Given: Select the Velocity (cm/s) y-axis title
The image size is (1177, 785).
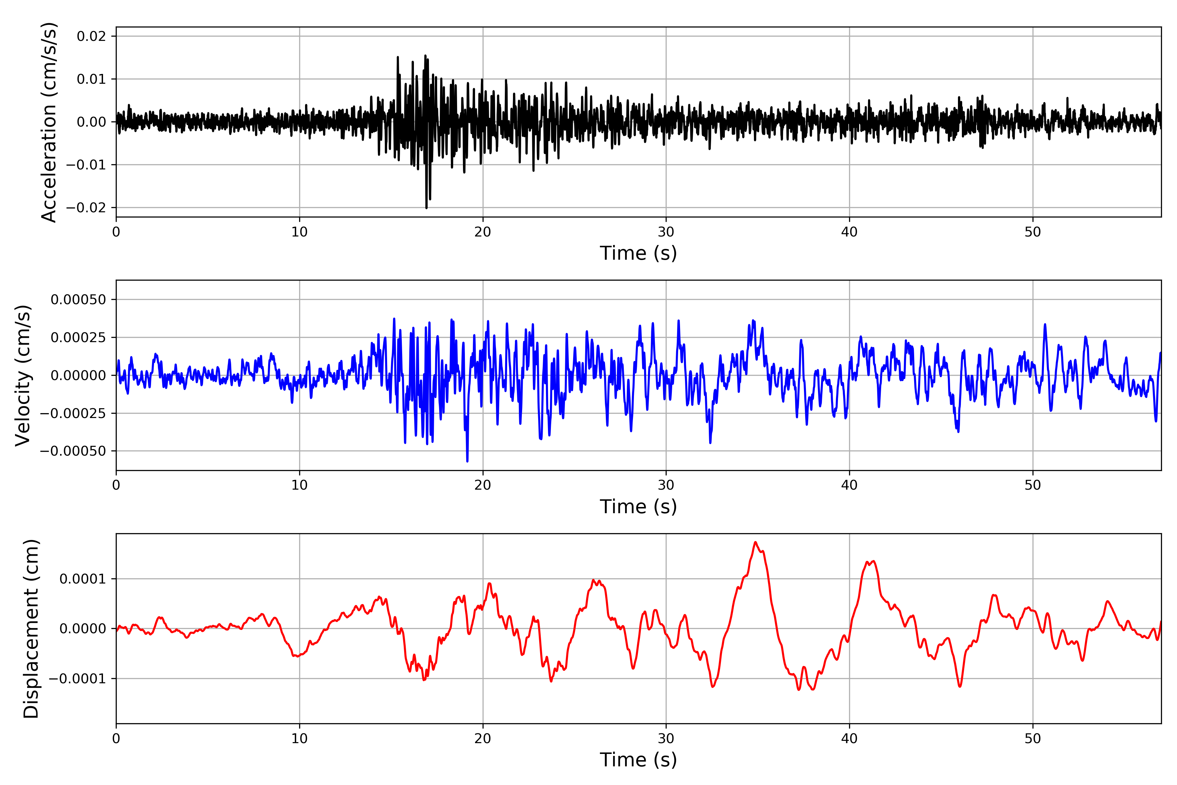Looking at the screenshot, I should click(23, 375).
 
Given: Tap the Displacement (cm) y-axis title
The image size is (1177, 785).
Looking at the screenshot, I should click(31, 628).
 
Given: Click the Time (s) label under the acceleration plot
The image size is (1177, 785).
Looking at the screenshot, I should click(638, 253).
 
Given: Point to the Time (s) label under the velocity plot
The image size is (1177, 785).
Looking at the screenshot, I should click(638, 507).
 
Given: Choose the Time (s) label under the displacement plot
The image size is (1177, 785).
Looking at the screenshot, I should click(638, 760).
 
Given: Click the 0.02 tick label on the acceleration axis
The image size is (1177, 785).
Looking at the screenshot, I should click(91, 36).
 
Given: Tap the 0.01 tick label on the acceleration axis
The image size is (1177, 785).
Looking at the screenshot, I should click(91, 79).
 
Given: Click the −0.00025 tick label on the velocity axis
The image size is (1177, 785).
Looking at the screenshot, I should click(73, 413).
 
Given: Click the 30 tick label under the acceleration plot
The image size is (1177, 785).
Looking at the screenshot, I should click(666, 232).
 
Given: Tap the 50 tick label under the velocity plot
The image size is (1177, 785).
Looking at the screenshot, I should click(1032, 485).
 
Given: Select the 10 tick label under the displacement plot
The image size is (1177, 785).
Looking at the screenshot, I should click(299, 739).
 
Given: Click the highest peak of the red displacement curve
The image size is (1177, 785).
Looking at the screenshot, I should click(755, 542).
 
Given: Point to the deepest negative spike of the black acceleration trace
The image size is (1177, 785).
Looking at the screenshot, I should click(426, 208).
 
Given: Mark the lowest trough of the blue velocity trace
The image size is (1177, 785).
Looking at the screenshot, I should click(468, 461).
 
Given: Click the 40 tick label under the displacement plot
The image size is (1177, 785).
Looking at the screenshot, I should click(849, 739).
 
